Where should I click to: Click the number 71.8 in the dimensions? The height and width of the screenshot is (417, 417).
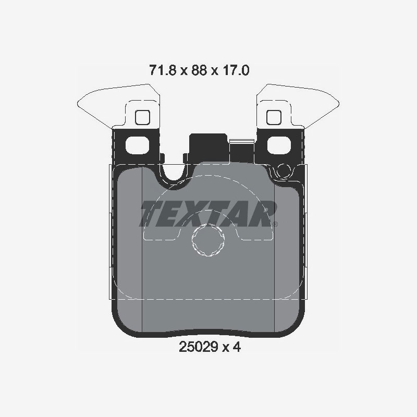160,70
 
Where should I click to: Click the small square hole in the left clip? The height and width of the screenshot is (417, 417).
142,117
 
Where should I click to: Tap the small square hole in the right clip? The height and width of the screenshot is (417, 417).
274,117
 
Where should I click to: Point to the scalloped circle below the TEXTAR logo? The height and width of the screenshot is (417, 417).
207,241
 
